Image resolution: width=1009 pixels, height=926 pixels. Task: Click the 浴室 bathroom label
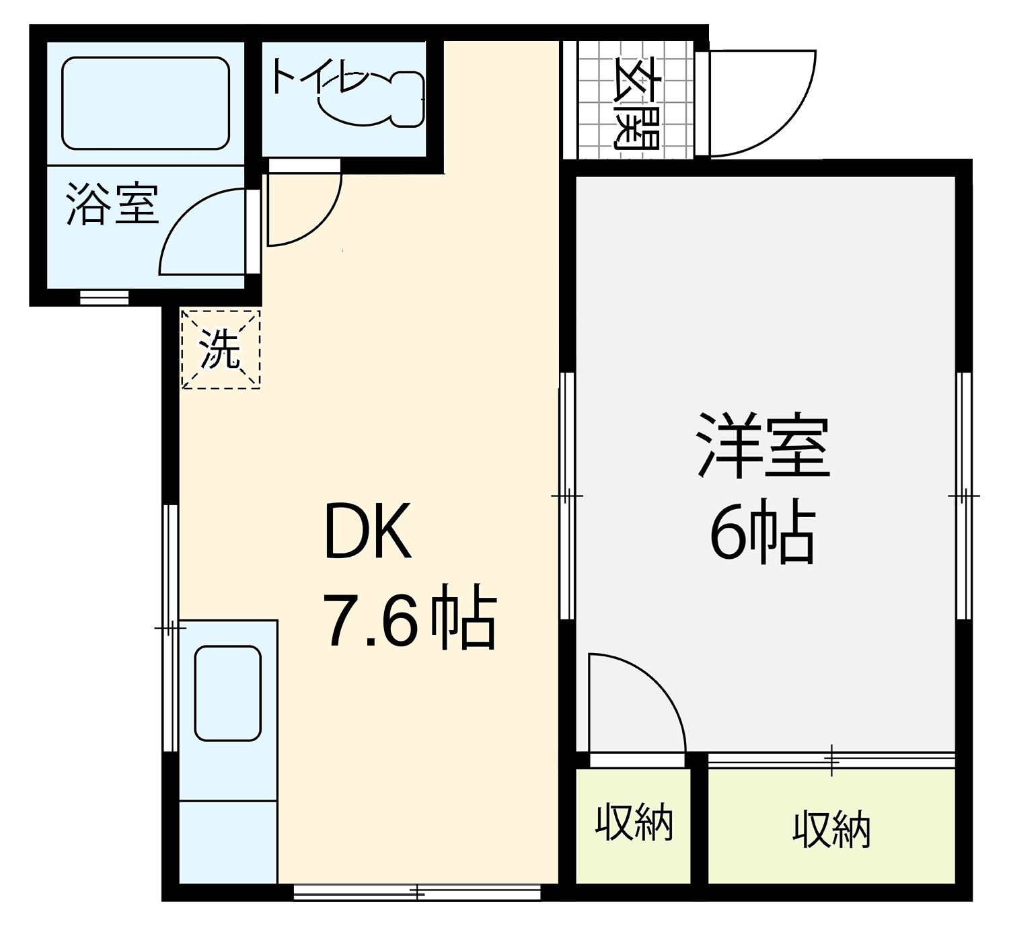point(113,204)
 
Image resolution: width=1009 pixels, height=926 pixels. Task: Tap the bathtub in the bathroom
point(146,103)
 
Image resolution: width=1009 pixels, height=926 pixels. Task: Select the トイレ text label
point(320,77)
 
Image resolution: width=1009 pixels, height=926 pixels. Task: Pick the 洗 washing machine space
point(221,350)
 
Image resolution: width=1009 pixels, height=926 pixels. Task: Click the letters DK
point(368,531)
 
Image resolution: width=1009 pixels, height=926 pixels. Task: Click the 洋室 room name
point(763,445)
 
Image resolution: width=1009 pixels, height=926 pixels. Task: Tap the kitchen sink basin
point(228,693)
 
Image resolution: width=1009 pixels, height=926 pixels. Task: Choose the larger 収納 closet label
point(831,829)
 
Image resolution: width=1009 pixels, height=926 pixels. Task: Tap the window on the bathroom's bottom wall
point(104,298)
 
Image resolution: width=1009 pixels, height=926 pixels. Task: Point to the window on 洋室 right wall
point(964,496)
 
